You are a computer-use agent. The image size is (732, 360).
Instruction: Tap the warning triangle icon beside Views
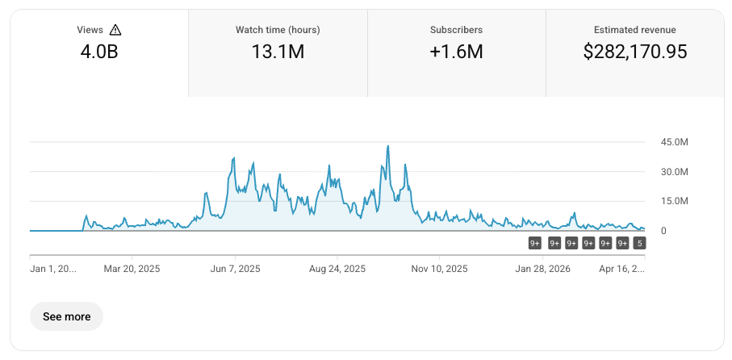115,30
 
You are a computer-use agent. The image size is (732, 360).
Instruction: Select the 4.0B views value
99,52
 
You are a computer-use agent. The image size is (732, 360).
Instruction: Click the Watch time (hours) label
278,30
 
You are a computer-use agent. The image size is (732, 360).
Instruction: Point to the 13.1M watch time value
278,52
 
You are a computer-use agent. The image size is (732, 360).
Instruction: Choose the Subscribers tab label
456,30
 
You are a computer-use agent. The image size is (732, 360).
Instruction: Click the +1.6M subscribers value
456,52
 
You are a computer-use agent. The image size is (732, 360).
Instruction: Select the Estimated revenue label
635,30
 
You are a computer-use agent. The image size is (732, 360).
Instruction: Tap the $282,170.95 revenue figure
635,52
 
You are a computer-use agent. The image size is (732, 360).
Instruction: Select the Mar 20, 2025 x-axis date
133,269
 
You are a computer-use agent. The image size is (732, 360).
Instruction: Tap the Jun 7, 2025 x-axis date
235,269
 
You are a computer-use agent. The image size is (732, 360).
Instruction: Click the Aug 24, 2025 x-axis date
338,269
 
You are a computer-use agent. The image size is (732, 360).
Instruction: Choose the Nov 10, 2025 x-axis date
440,269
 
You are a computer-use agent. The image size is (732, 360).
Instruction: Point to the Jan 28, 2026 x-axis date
543,269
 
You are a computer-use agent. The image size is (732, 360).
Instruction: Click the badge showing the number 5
639,243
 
